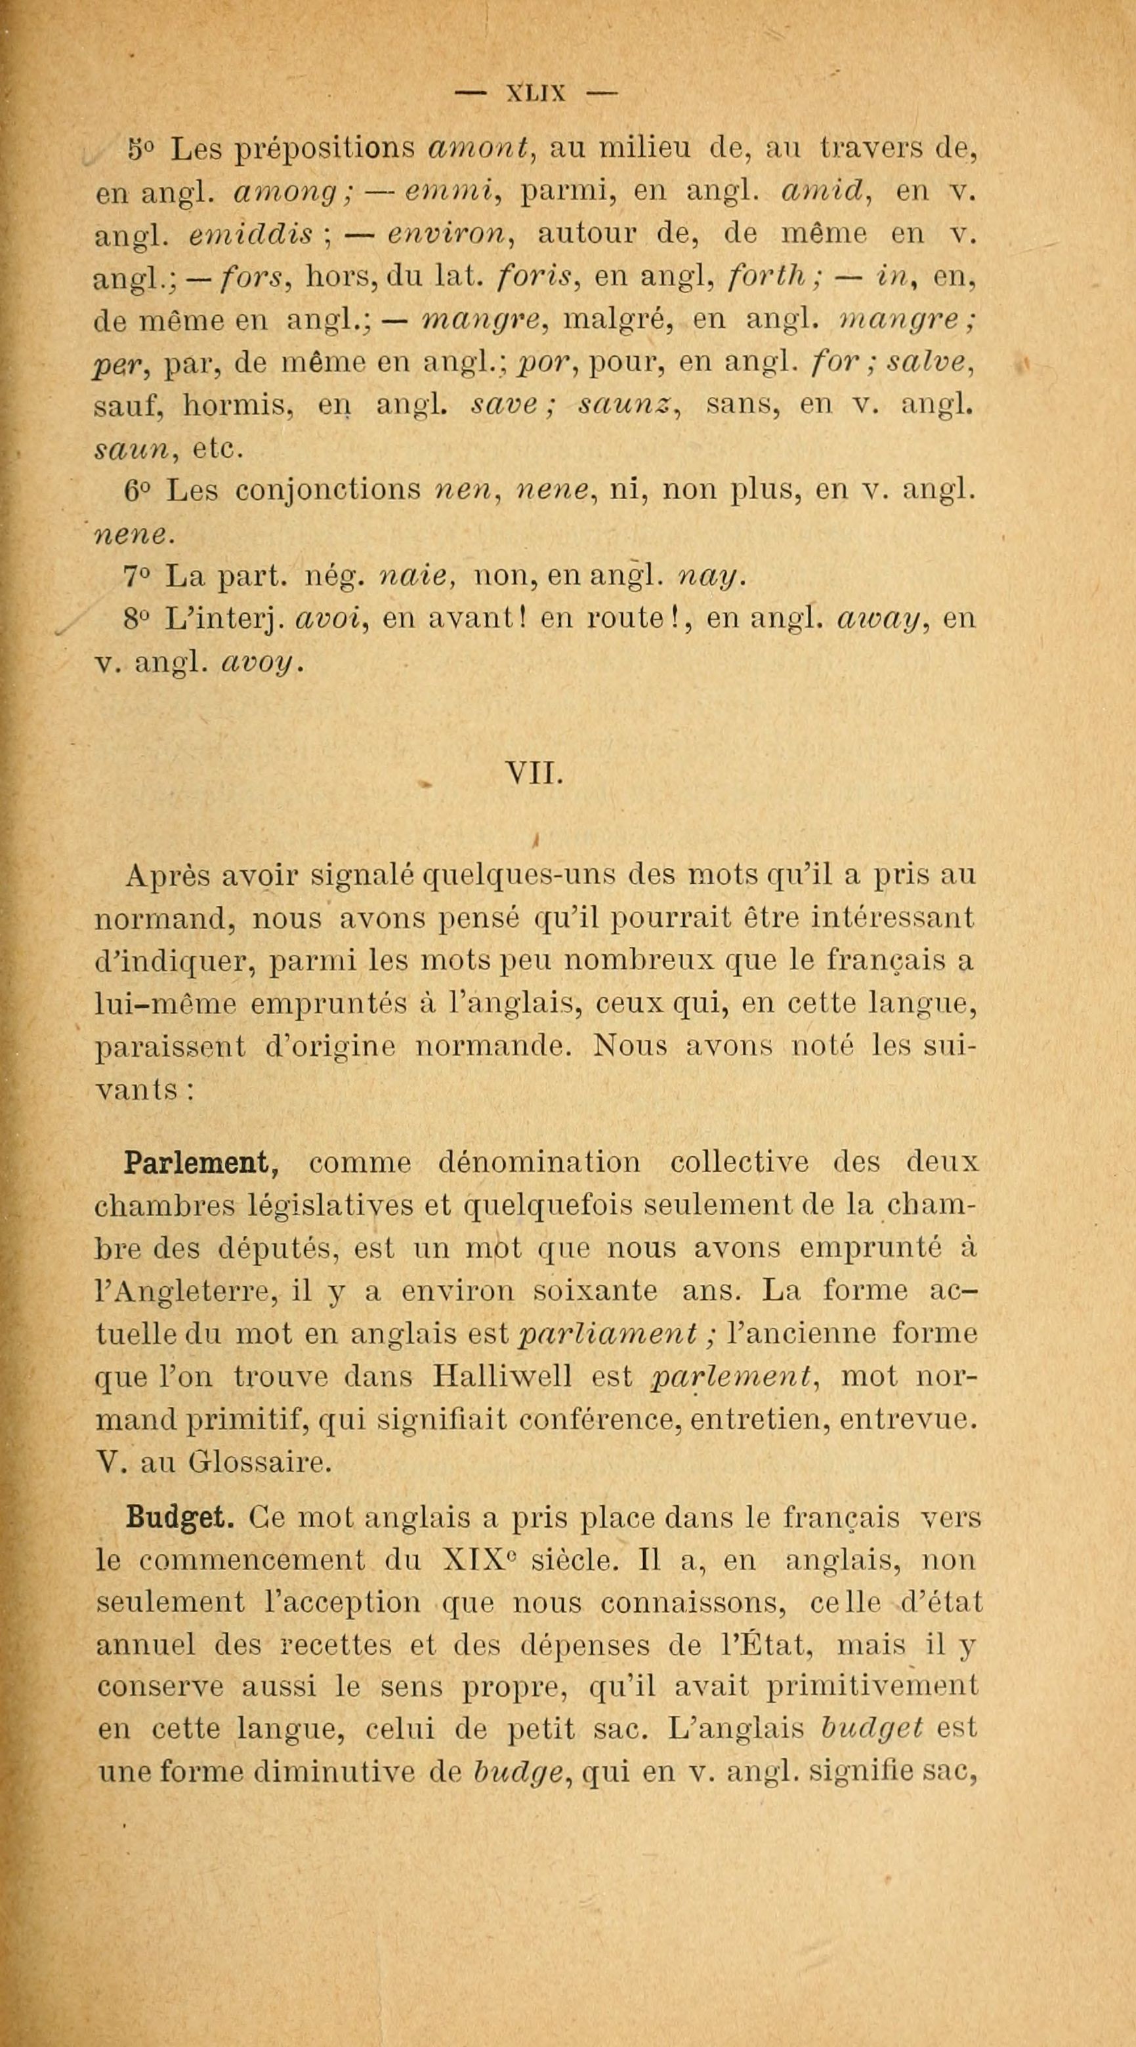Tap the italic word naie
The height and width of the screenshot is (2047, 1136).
[417, 576]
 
